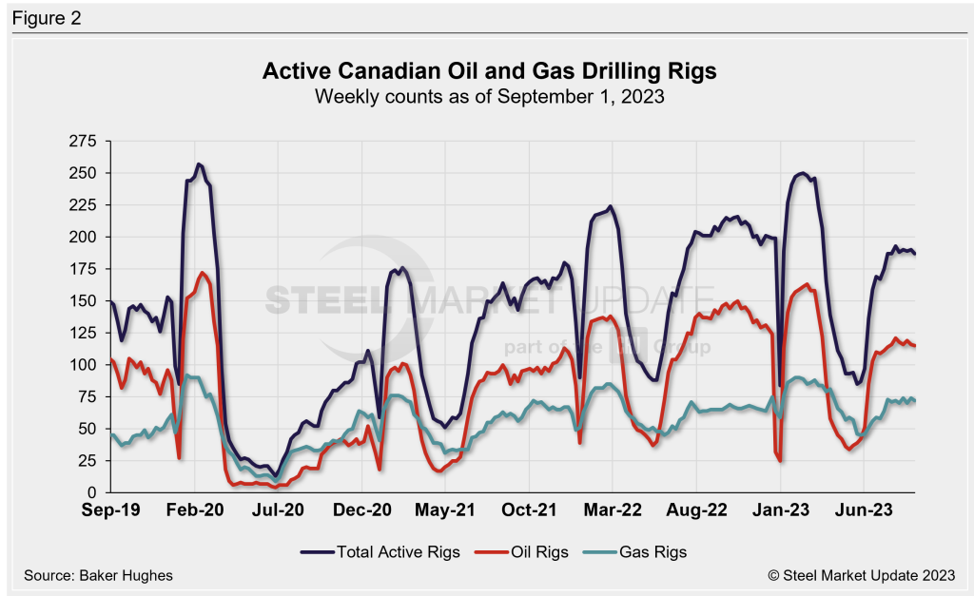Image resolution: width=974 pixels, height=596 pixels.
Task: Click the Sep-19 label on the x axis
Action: [x=111, y=510]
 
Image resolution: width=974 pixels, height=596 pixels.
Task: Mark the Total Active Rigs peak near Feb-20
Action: [x=198, y=164]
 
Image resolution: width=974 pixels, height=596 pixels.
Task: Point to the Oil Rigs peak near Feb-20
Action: [x=203, y=273]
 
